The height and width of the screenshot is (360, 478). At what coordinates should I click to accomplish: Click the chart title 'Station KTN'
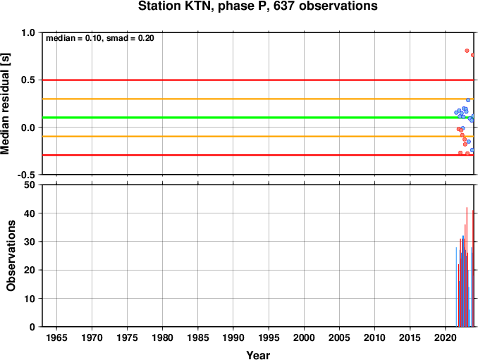(175, 6)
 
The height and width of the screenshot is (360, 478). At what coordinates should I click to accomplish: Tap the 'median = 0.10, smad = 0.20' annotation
(100, 38)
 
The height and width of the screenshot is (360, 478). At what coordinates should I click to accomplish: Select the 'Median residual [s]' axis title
(6, 104)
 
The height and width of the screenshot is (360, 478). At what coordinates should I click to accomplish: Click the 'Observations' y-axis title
(11, 256)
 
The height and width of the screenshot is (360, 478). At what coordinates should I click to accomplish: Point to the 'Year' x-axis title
(258, 355)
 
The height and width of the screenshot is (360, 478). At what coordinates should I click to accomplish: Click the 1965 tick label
(56, 337)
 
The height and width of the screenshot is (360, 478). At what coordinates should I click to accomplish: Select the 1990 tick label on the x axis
(233, 337)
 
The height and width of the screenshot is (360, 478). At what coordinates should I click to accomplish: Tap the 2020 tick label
(446, 337)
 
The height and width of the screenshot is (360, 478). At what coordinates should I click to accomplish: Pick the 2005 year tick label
(339, 337)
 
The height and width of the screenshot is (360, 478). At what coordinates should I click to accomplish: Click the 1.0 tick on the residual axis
(28, 32)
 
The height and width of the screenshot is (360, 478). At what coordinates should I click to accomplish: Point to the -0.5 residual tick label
(26, 175)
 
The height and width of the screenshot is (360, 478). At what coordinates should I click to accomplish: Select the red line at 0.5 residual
(258, 80)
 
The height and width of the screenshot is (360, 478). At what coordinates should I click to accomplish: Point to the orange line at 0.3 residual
(258, 99)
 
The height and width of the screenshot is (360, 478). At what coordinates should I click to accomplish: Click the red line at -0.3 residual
(258, 155)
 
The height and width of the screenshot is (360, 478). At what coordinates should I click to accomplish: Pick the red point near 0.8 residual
(467, 51)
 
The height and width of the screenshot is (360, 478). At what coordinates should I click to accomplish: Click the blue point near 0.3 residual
(468, 100)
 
